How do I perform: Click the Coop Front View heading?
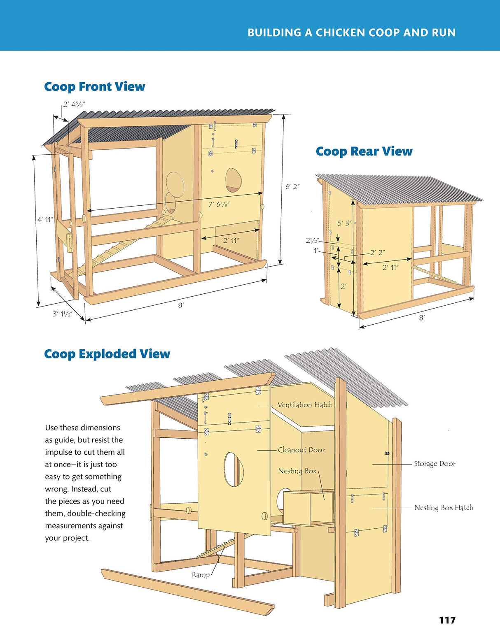click(x=94, y=87)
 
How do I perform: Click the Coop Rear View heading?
click(x=364, y=151)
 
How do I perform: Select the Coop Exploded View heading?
click(x=107, y=354)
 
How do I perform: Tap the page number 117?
click(x=447, y=620)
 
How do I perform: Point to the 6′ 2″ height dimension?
click(x=292, y=187)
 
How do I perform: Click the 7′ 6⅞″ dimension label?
click(x=219, y=204)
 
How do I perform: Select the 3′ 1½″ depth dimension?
click(x=62, y=314)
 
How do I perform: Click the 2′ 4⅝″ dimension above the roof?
click(x=73, y=105)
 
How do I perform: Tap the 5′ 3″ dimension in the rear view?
click(x=344, y=223)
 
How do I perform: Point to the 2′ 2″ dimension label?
click(x=377, y=253)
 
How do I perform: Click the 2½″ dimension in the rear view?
click(x=312, y=241)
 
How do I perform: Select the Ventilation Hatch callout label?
click(x=305, y=405)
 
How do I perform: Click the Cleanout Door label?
click(x=301, y=450)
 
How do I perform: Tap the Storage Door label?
click(x=435, y=464)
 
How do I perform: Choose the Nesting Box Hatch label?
click(x=443, y=508)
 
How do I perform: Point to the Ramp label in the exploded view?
click(x=201, y=575)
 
